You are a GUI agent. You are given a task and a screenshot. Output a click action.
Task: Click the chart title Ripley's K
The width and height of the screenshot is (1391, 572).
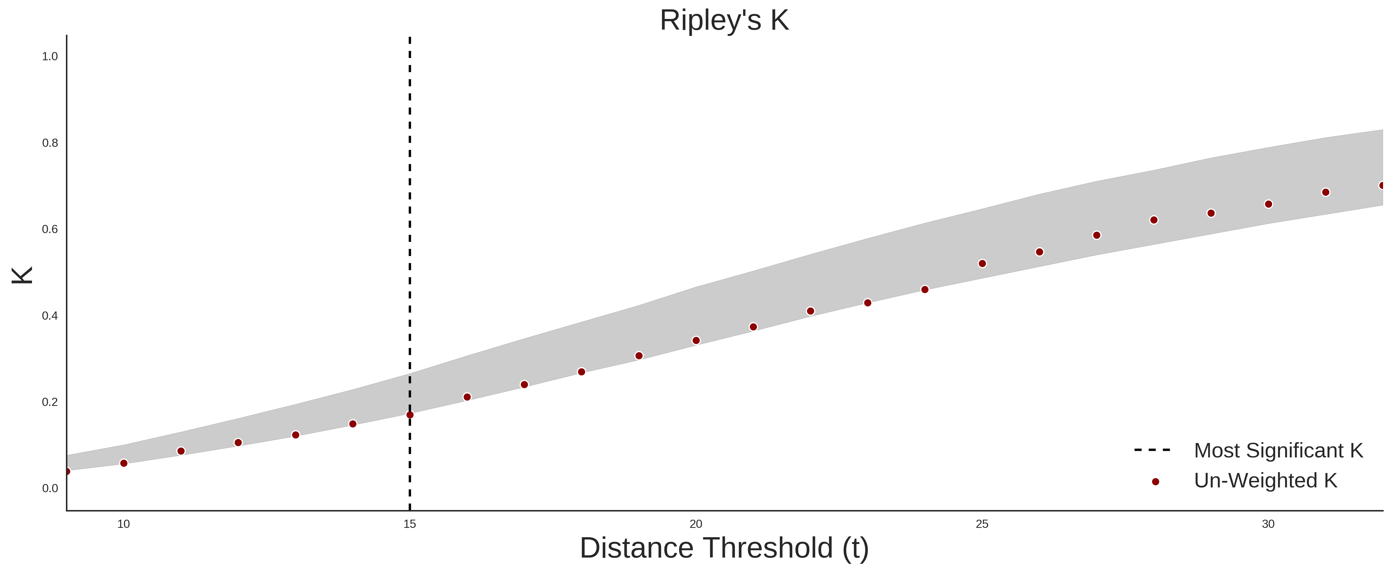(x=724, y=20)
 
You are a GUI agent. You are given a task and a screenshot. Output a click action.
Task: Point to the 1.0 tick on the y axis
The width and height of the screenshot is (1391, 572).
(x=50, y=57)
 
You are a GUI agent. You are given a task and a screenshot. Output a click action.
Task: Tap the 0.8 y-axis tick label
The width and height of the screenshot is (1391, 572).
(x=50, y=143)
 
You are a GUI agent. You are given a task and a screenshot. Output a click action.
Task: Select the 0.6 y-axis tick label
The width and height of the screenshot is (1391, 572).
(x=50, y=229)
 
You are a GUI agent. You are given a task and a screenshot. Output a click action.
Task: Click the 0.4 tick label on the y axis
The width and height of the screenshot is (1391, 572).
(x=50, y=316)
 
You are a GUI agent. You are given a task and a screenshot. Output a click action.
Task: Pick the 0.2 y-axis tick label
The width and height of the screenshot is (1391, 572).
(x=50, y=402)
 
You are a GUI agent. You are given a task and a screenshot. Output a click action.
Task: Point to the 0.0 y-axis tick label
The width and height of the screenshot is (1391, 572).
(x=50, y=488)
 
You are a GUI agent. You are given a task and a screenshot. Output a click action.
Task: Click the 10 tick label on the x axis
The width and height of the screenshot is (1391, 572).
(x=124, y=524)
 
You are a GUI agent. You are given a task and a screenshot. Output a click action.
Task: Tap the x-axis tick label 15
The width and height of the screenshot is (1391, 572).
(x=410, y=524)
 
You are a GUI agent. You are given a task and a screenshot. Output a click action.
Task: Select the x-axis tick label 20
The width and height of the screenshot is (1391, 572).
(x=696, y=524)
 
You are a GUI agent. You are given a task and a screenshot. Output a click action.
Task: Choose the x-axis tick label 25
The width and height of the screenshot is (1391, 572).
(x=982, y=524)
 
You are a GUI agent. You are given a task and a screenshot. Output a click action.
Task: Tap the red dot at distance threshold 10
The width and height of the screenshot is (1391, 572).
(x=124, y=463)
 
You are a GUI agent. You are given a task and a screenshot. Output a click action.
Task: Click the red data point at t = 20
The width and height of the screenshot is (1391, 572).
(x=696, y=341)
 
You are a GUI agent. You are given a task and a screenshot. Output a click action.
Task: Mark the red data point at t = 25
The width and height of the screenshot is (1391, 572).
(x=982, y=263)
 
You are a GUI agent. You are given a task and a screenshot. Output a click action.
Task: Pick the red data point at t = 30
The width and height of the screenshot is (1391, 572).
(x=1268, y=204)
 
